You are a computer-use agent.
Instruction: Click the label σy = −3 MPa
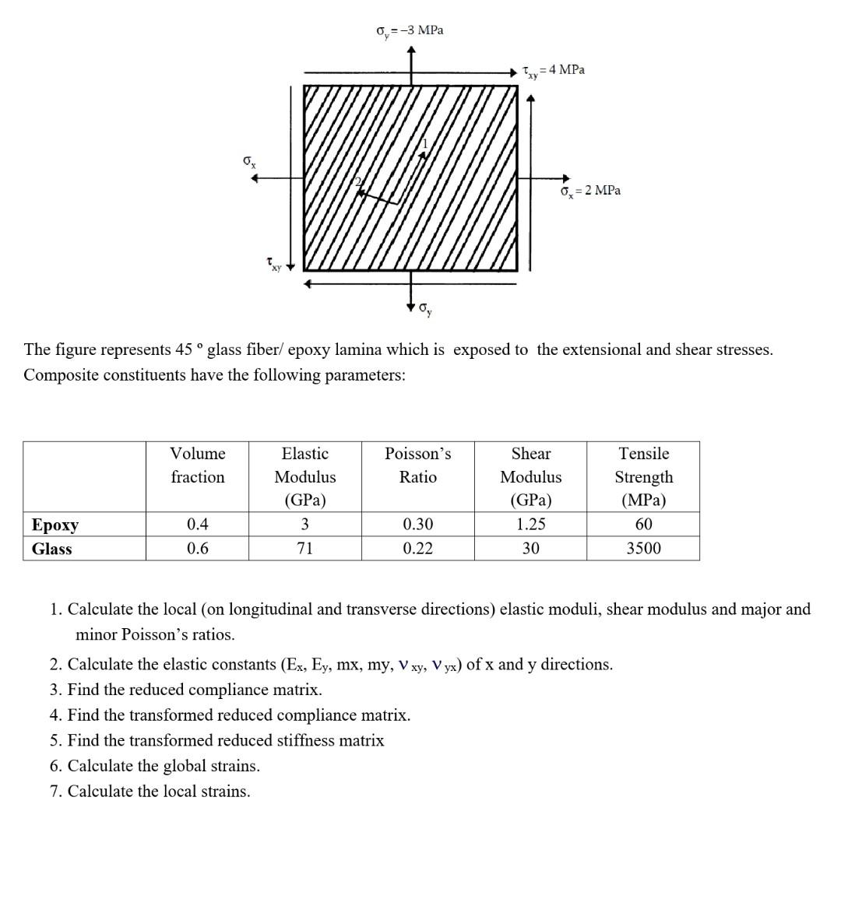410,30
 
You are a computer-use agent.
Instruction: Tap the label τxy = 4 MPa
554,71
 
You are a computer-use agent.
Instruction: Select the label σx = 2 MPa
590,191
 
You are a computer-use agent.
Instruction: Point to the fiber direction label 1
425,143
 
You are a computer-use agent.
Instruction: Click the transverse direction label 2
358,182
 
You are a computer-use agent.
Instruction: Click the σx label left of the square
248,161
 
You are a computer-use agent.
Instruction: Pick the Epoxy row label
55,525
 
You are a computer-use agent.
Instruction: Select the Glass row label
51,549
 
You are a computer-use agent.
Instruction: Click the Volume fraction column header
198,465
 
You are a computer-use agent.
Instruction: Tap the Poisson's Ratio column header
417,465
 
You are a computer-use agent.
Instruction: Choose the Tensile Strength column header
643,476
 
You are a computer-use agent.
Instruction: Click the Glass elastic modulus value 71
304,549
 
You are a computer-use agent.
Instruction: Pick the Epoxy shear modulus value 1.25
530,525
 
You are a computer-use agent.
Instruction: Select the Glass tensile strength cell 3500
643,549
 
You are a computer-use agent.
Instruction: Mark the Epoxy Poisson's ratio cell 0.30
417,525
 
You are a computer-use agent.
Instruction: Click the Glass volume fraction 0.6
198,549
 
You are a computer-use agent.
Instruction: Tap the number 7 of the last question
55,792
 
